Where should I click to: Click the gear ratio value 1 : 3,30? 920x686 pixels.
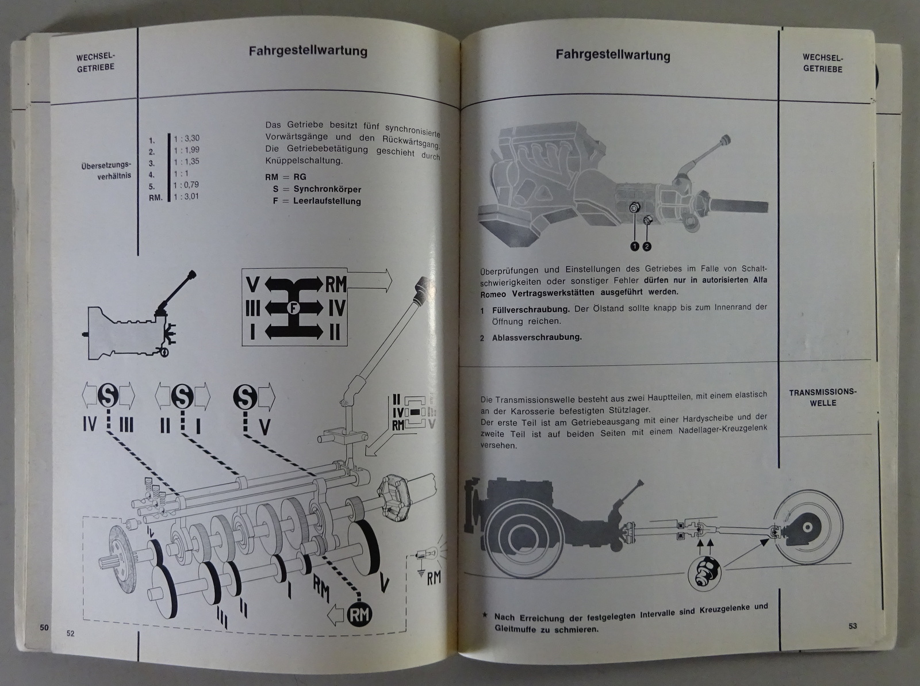[186, 138]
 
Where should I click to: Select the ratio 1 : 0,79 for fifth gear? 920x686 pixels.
[186, 185]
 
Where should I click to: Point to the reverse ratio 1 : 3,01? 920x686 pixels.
[186, 197]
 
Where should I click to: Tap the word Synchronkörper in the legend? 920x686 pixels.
[327, 189]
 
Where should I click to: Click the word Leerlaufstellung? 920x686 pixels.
[327, 201]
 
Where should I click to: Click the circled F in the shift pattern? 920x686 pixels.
[293, 308]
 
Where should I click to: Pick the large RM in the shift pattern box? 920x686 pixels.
[336, 285]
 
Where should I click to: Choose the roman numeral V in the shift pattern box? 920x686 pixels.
[253, 285]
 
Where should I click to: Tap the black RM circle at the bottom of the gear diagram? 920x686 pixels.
[359, 615]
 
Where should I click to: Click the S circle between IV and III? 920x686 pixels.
[108, 396]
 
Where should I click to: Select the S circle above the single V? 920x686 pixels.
[245, 396]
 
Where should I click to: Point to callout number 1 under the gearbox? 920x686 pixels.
[634, 247]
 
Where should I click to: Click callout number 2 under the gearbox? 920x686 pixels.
[647, 247]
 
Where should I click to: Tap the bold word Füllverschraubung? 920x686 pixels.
[531, 310]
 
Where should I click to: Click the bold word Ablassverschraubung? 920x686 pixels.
[537, 338]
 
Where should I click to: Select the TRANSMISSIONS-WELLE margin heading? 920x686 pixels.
[823, 398]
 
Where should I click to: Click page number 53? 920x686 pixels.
[853, 626]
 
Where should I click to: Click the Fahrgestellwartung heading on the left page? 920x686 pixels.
[308, 52]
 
